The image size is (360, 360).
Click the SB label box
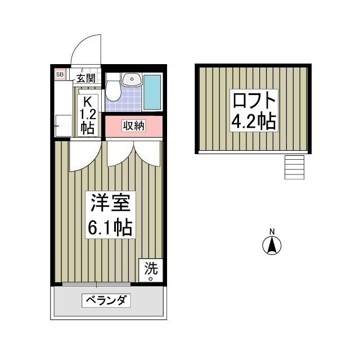(60, 74)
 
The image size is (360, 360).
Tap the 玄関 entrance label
(87, 78)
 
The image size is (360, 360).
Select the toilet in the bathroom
(114, 87)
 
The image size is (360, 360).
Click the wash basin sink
(132, 79)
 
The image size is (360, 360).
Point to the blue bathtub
(152, 92)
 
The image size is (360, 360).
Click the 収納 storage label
(134, 126)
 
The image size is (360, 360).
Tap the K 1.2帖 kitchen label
(87, 114)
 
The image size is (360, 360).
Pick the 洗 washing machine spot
(151, 271)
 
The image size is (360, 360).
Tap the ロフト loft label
(255, 101)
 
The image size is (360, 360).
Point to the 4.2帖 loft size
(255, 121)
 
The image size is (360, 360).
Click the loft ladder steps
(294, 167)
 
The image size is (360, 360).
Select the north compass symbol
(272, 245)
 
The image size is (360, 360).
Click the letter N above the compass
(272, 232)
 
